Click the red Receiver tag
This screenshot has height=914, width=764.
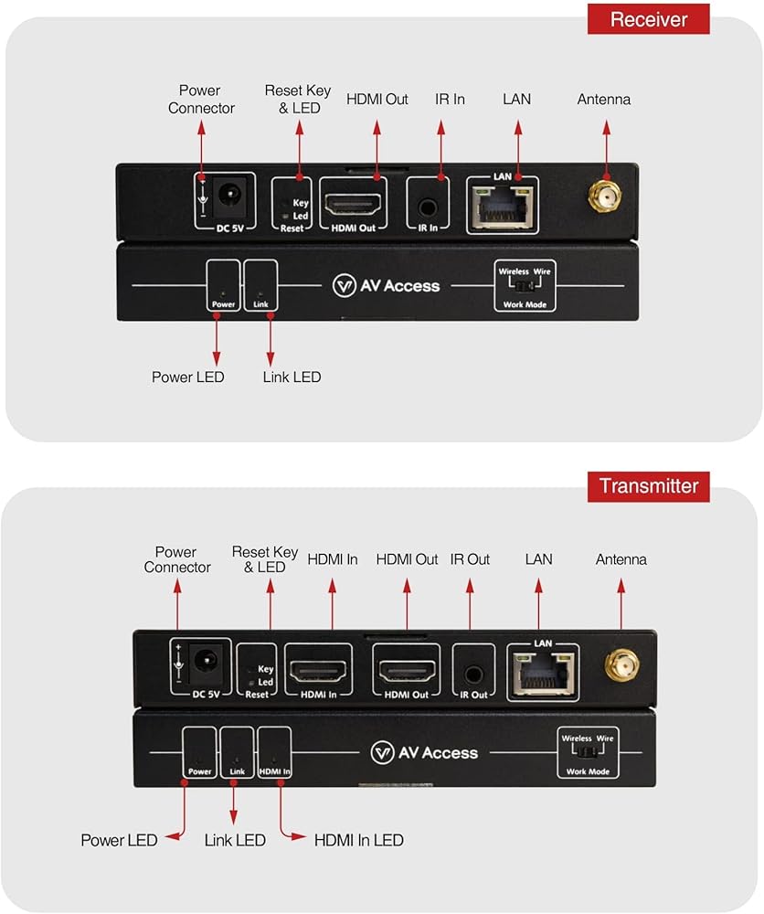(648, 19)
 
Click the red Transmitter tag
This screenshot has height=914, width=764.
(648, 486)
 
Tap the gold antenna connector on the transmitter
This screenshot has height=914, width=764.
(621, 664)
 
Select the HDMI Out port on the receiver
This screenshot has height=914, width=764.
(353, 205)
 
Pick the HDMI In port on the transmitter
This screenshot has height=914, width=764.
(318, 672)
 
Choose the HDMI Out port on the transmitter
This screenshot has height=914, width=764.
(406, 672)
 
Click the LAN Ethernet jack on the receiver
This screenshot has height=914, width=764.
(503, 207)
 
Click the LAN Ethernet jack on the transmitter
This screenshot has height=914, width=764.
(543, 674)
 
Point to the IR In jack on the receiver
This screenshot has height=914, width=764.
(428, 207)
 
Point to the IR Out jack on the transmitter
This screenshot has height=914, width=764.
(473, 675)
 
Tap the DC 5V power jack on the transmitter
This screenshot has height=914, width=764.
(207, 663)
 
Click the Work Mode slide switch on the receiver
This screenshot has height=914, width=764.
(525, 285)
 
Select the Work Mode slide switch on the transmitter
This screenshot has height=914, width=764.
(588, 752)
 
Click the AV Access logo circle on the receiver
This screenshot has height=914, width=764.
(344, 285)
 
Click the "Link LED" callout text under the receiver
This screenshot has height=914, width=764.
(292, 377)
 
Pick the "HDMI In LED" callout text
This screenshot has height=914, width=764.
(359, 840)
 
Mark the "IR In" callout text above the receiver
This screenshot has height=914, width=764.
(450, 99)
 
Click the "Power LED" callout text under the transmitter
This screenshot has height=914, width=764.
(119, 840)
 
